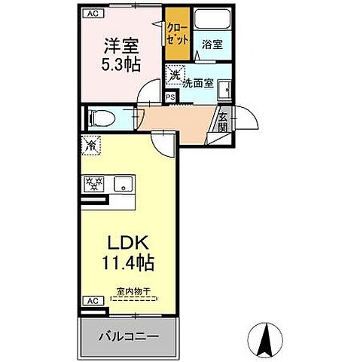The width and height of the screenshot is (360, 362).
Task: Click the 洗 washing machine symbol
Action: click(x=174, y=75)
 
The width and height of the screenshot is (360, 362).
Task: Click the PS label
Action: click(x=169, y=97)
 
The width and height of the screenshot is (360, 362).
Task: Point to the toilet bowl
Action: click(x=100, y=118)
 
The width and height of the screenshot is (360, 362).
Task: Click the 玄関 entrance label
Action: click(x=224, y=122)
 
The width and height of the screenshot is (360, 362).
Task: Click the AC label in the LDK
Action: click(x=90, y=300)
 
